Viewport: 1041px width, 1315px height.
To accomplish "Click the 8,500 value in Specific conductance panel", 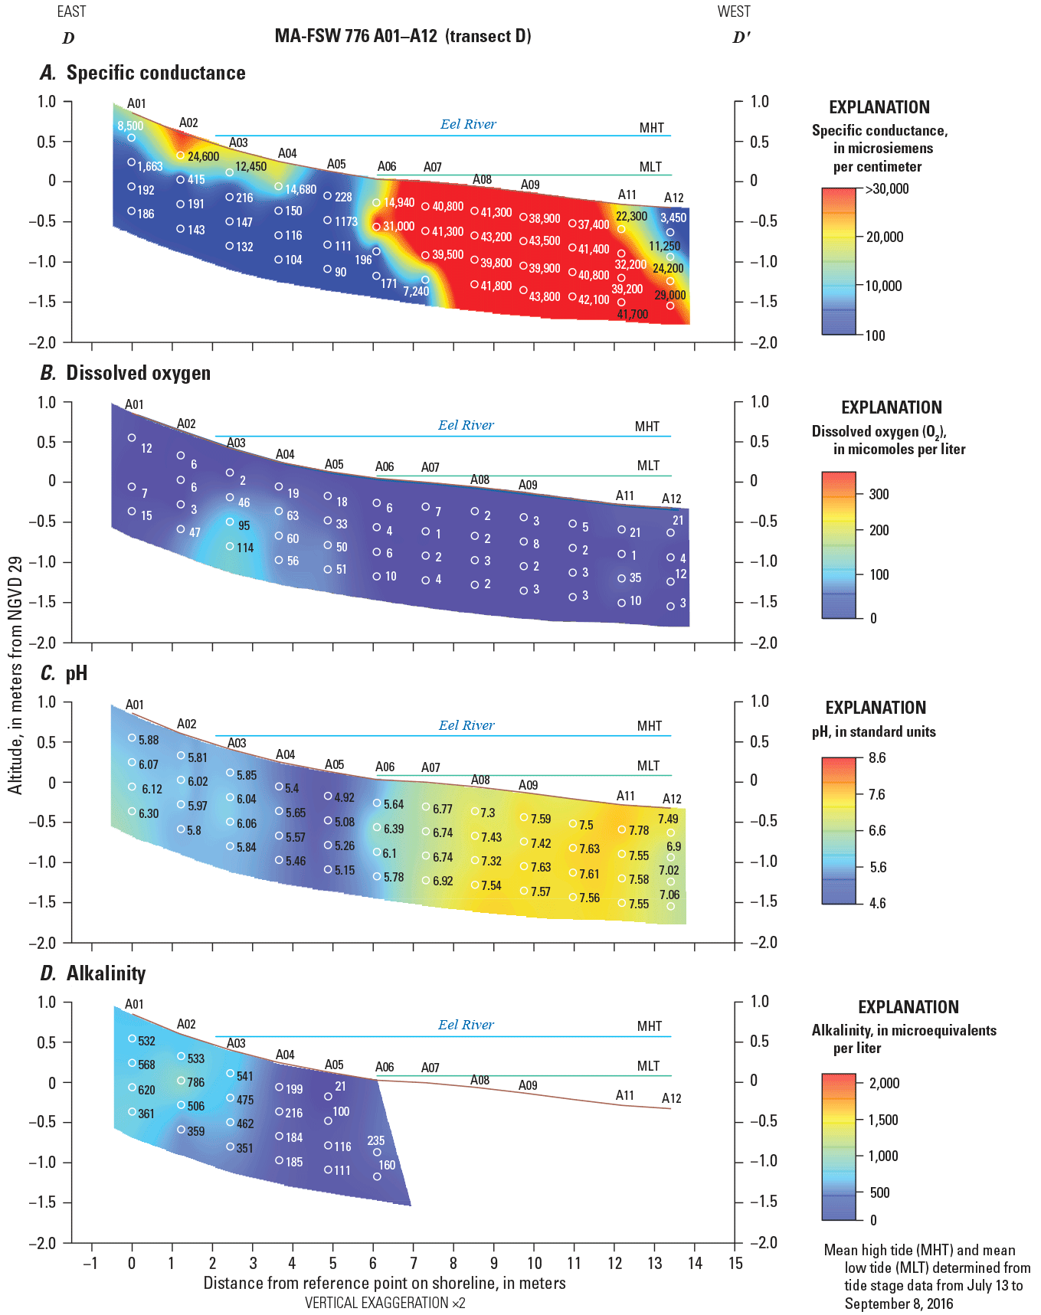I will tap(130, 126).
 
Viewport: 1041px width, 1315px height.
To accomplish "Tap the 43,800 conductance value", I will tap(544, 296).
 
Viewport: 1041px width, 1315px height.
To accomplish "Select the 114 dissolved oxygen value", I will tap(245, 548).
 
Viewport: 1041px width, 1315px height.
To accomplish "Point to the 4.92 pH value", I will tap(344, 797).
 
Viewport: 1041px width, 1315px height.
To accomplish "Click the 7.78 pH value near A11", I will tap(638, 830).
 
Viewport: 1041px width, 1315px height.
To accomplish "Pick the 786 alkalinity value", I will tap(196, 1082).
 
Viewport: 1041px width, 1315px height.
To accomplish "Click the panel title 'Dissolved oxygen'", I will tap(138, 373).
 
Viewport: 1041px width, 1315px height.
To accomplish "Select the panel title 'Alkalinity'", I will tap(106, 973).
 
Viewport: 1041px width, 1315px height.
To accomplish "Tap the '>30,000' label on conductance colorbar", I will tap(887, 189).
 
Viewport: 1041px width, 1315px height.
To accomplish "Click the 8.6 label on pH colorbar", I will tap(877, 758).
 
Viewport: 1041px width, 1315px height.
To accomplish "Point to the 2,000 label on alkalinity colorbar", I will tap(884, 1083).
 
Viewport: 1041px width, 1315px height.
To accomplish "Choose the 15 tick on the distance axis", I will tap(735, 1264).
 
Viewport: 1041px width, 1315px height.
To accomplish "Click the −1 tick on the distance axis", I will tap(90, 1264).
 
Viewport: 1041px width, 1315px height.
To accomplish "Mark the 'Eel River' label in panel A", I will tap(468, 124).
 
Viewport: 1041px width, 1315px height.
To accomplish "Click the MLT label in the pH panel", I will tap(648, 766).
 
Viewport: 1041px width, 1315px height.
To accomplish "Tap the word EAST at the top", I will tap(71, 11).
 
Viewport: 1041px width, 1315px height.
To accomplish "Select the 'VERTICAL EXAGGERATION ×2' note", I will tap(385, 1303).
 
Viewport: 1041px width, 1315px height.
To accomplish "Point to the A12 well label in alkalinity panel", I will tap(671, 1098).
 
